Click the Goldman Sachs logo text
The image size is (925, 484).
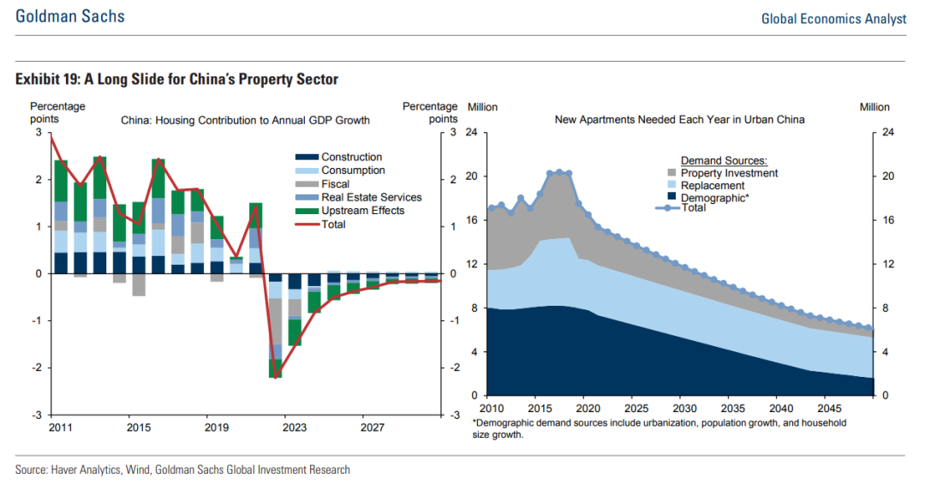69,16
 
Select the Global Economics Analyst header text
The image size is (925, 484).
833,18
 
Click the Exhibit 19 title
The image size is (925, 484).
176,80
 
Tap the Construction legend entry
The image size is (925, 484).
351,158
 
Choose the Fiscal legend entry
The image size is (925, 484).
336,184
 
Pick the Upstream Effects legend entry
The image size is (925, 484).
362,211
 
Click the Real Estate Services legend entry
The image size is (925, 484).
371,197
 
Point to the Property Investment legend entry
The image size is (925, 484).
729,173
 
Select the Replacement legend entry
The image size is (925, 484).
712,186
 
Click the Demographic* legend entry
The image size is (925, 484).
715,198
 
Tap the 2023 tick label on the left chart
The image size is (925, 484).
294,427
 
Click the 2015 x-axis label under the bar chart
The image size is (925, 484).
140,427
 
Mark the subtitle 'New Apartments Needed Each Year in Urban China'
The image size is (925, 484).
679,120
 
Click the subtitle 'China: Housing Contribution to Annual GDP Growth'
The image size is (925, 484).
245,121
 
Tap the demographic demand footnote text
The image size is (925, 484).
659,429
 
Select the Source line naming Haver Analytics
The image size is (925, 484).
182,469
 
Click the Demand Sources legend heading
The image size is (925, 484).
724,160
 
